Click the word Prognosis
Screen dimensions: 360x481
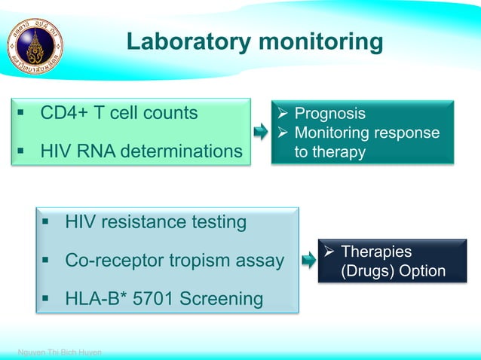pyautogui.click(x=329, y=114)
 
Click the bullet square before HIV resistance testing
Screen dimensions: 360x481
pyautogui.click(x=47, y=223)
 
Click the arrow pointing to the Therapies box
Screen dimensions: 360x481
pyautogui.click(x=308, y=261)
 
